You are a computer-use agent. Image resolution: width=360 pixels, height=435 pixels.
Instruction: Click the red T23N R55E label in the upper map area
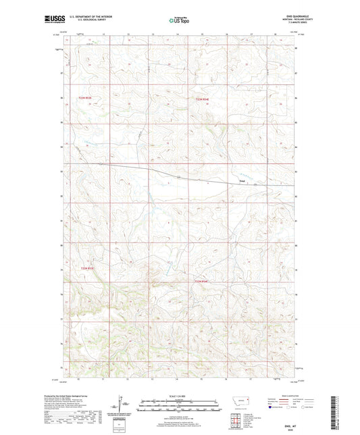point(201,99)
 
